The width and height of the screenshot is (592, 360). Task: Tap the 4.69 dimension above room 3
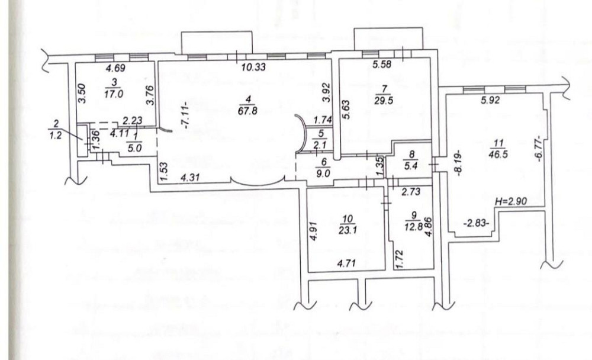coord(114,68)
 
